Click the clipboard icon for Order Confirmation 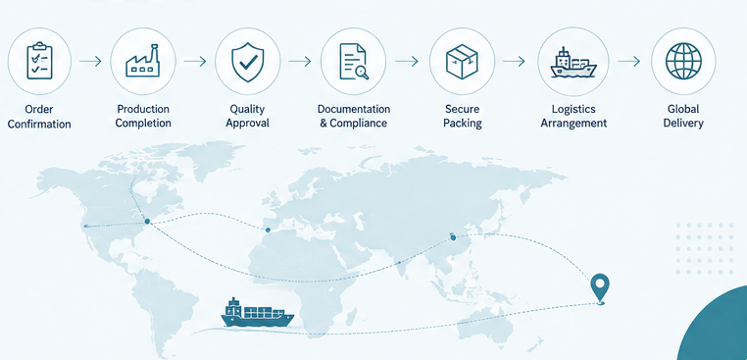pyautogui.click(x=39, y=61)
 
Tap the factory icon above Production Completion pyautogui.click(x=142, y=61)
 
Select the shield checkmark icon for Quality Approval pyautogui.click(x=247, y=61)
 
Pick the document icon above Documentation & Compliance pyautogui.click(x=354, y=62)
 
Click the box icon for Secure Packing pyautogui.click(x=462, y=62)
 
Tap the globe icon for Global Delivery pyautogui.click(x=683, y=61)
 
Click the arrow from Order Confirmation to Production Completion pyautogui.click(x=90, y=61)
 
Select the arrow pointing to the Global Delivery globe pyautogui.click(x=628, y=61)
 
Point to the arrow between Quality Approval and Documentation pyautogui.click(x=300, y=61)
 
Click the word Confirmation pyautogui.click(x=39, y=124)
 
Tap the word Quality pyautogui.click(x=247, y=109)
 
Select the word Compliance pyautogui.click(x=358, y=123)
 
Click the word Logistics pyautogui.click(x=573, y=109)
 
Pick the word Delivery pyautogui.click(x=683, y=123)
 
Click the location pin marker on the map pyautogui.click(x=600, y=288)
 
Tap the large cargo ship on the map pyautogui.click(x=257, y=313)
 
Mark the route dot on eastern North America pyautogui.click(x=147, y=222)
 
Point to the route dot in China pyautogui.click(x=453, y=237)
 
